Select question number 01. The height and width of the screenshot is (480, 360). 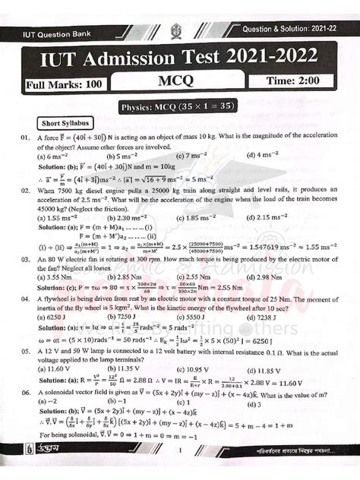pos(26,138)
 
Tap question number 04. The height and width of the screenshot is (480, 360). pos(26,299)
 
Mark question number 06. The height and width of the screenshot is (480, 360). pos(26,393)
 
